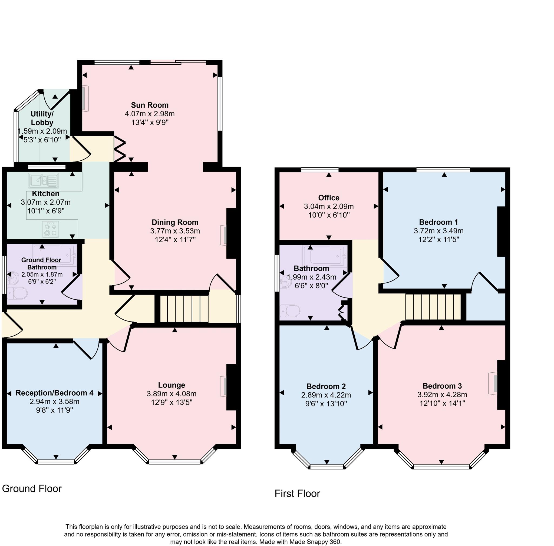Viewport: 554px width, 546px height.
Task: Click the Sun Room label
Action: (150, 105)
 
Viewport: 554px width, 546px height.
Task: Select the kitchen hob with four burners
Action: (51, 229)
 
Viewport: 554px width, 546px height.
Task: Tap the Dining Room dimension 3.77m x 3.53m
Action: (175, 231)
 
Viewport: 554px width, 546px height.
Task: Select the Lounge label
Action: (172, 385)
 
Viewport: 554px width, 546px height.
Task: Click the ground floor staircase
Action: (184, 309)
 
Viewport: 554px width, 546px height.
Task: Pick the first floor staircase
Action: (433, 307)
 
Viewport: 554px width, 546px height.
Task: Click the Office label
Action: (329, 198)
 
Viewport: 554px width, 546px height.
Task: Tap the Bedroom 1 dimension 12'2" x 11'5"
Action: (438, 239)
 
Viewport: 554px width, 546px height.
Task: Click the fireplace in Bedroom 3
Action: (493, 383)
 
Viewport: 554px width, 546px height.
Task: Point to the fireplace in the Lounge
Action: (224, 386)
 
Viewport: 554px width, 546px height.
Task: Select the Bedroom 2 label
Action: (326, 386)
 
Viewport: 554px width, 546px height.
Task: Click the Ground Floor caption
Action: (32, 489)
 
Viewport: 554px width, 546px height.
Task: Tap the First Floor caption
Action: (297, 494)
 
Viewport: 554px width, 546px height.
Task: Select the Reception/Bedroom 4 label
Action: (54, 393)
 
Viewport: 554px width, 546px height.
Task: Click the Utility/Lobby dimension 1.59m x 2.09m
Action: (42, 131)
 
